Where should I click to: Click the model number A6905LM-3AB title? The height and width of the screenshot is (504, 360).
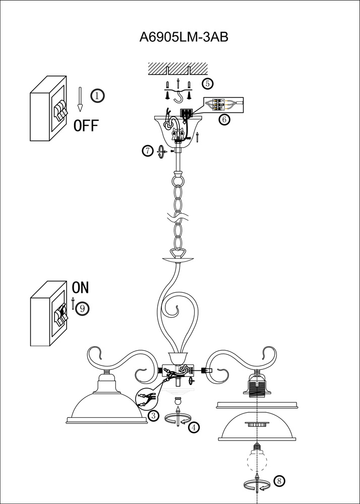point(184,37)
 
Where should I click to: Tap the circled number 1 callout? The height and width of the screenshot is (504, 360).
point(98,95)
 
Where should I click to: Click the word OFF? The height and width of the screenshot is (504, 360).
point(86,125)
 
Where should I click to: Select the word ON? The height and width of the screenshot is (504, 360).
point(80,288)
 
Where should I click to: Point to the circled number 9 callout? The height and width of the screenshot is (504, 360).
point(82,308)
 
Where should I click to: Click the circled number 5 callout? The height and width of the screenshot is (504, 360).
point(207,84)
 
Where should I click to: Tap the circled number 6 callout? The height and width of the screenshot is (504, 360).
point(224,119)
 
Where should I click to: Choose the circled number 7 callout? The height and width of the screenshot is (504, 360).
point(148,151)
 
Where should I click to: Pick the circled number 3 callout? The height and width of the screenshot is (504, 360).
point(153,416)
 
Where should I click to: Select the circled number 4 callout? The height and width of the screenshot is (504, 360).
point(194,427)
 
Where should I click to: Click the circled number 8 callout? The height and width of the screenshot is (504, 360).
point(279,481)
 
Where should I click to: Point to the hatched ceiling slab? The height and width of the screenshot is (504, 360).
point(178,69)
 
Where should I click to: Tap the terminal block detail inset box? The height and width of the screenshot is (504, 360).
point(224,105)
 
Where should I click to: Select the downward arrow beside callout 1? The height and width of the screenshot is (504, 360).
point(80,99)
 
